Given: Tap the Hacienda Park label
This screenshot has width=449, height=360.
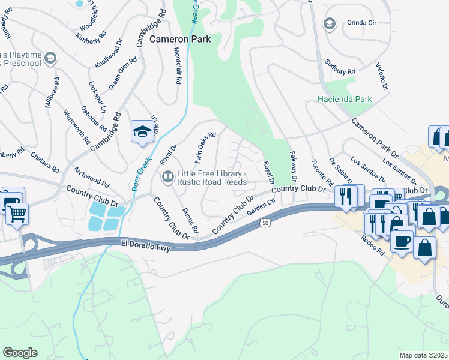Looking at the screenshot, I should [345, 99].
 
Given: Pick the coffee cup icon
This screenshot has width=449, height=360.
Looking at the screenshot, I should [402, 241].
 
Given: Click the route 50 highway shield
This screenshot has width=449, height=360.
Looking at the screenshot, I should [265, 223].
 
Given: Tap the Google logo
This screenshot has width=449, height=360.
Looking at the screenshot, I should [20, 352].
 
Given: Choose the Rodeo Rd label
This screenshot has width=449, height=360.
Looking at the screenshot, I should [372, 245].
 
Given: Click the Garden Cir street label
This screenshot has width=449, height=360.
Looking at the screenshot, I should [260, 207].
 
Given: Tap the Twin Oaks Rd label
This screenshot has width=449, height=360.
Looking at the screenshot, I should [204, 148].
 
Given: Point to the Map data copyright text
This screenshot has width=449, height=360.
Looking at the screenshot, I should [423, 355].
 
